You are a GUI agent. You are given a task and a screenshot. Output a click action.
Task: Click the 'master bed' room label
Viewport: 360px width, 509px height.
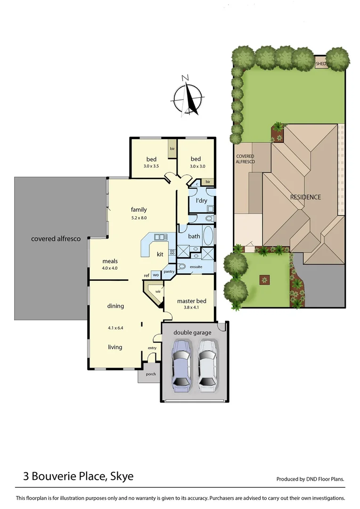point(191,301)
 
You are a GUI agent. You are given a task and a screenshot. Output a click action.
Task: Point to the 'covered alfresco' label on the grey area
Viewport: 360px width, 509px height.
point(56,239)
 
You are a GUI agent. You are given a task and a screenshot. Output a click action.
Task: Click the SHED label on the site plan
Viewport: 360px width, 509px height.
point(321,64)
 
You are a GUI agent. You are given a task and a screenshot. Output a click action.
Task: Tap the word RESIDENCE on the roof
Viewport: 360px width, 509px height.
point(305,197)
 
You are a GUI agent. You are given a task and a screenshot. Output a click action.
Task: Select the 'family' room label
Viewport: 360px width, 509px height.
point(139,210)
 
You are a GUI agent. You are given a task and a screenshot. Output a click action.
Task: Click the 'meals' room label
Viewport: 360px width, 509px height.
point(110,261)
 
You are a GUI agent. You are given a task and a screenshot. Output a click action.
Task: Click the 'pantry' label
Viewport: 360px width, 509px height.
point(169,271)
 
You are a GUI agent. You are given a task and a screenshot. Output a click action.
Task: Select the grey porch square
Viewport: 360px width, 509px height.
point(147,374)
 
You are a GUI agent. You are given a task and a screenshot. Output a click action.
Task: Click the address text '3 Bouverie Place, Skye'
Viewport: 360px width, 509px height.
point(78,476)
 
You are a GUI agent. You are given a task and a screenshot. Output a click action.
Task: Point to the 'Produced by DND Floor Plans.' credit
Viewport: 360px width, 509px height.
point(310,479)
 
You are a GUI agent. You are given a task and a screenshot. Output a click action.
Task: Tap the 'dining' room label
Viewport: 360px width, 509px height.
point(115,306)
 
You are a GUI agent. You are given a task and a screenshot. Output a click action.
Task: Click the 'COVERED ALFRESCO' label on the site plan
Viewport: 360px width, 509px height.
point(245,159)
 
